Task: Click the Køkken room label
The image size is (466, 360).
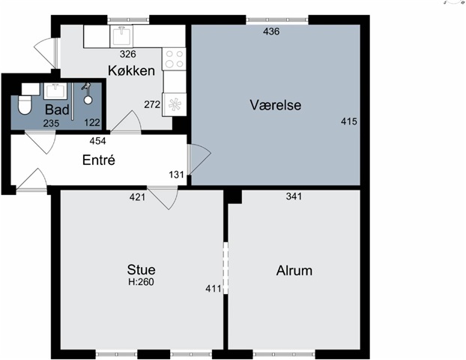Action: point(131,70)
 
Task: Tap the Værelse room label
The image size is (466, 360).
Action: point(276,105)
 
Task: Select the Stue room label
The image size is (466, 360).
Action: point(141,269)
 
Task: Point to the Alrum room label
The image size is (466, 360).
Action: point(294,271)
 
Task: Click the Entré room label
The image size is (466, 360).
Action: point(99,160)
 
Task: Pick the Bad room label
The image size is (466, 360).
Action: point(57,109)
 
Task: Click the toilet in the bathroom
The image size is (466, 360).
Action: point(25,105)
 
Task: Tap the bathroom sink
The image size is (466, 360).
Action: point(55,91)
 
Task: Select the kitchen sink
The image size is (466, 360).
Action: point(121,36)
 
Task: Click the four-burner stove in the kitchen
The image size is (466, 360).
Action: point(174,59)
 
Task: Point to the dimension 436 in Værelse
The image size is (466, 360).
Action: point(271,31)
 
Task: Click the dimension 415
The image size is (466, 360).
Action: point(349,121)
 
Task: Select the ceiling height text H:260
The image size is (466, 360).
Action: point(141,282)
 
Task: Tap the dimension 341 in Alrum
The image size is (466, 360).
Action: point(294,196)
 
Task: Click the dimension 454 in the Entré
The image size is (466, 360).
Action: point(98,141)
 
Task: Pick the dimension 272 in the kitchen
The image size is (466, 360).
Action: point(152,104)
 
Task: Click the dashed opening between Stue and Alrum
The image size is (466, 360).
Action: point(226,268)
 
